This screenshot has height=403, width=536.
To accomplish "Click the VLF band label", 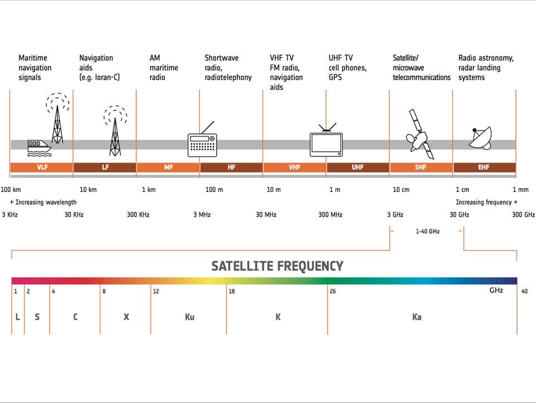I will pyautogui.click(x=41, y=167).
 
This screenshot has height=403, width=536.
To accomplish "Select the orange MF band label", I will pyautogui.click(x=168, y=167).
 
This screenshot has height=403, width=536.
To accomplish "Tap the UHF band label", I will pyautogui.click(x=357, y=167).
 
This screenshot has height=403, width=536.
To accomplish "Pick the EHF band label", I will pyautogui.click(x=484, y=167).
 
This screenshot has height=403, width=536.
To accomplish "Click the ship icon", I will pyautogui.click(x=39, y=147).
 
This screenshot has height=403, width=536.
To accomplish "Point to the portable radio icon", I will pyautogui.click(x=202, y=143).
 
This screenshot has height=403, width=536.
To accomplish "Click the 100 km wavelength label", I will pyautogui.click(x=11, y=190).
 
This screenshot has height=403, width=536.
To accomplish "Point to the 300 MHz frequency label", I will pyautogui.click(x=331, y=215).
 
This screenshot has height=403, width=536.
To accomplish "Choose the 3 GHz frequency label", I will pyautogui.click(x=395, y=215).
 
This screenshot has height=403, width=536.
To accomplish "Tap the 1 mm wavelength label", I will pyautogui.click(x=520, y=190).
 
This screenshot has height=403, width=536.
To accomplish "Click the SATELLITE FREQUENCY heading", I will pyautogui.click(x=277, y=266).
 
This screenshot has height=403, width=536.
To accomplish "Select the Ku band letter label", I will pyautogui.click(x=189, y=317).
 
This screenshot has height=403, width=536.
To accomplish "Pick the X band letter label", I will pyautogui.click(x=126, y=317).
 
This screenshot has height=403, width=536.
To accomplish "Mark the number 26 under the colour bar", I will pyautogui.click(x=333, y=291).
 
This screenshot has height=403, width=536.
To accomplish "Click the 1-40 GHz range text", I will pyautogui.click(x=427, y=231).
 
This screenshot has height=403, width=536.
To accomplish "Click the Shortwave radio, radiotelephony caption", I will pyautogui.click(x=228, y=68).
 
